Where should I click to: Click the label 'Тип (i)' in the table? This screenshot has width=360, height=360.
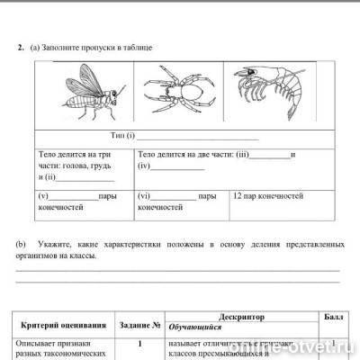click(122, 136)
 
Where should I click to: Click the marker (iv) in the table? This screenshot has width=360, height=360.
click(145, 166)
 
